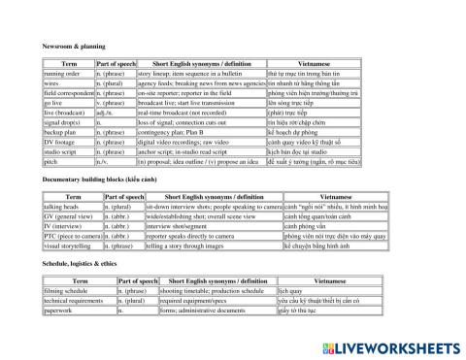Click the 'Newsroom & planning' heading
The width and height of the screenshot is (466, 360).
73,46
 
